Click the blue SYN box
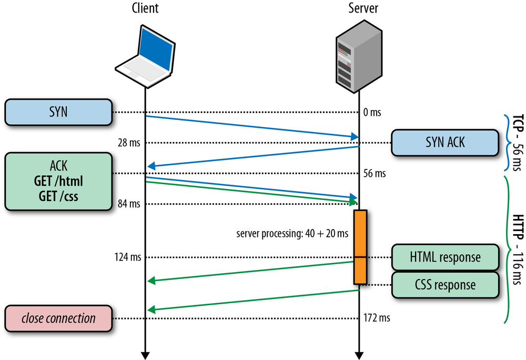[x=59, y=112]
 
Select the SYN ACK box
[x=444, y=143]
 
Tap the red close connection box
[x=59, y=318]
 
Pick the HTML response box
[x=444, y=257]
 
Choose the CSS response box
[x=444, y=285]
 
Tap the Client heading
[x=144, y=8]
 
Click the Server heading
[x=363, y=8]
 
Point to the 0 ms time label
[x=372, y=112]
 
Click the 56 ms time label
[x=374, y=173]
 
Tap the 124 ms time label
[x=128, y=257]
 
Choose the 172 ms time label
[x=377, y=318]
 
